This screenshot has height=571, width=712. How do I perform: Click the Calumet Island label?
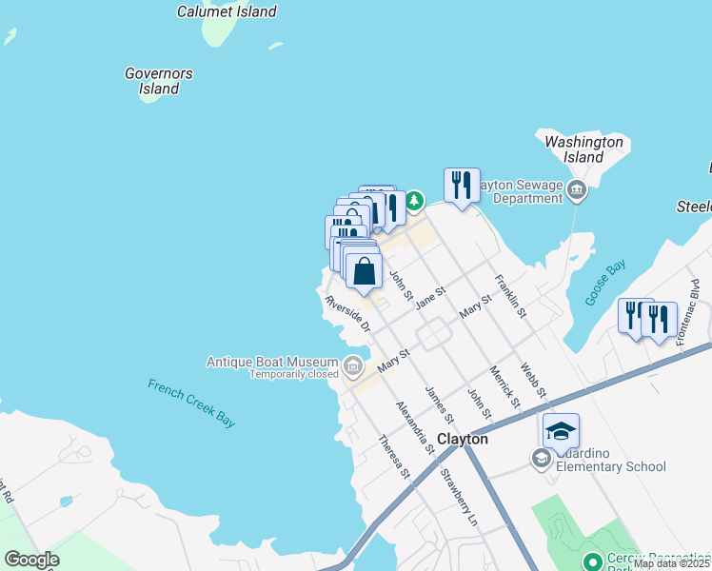click(227, 12)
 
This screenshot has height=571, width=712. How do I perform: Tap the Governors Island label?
click(159, 81)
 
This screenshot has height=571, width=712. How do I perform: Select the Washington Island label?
click(583, 149)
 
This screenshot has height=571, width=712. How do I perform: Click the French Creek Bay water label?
click(191, 403)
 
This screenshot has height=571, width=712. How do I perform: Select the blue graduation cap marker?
click(562, 432)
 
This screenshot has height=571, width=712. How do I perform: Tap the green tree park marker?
click(414, 202)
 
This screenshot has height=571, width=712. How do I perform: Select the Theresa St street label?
click(393, 457)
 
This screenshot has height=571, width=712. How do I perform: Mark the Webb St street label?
click(533, 380)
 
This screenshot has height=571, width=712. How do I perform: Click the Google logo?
click(31, 560)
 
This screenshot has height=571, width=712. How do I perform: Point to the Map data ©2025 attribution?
click(671, 563)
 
